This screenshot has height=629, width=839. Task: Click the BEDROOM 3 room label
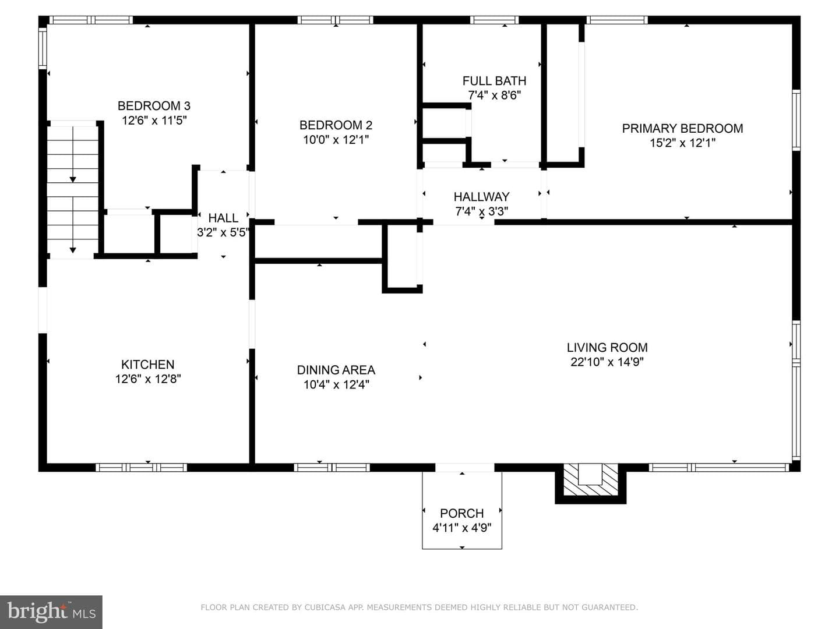tap(154, 106)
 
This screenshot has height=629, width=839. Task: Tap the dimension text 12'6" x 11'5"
tap(154, 121)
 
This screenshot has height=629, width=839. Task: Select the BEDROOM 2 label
tap(336, 125)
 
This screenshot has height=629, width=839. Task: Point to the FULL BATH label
tap(494, 80)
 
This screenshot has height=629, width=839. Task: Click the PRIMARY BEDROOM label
tap(682, 128)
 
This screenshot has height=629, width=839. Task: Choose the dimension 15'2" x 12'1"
tap(682, 143)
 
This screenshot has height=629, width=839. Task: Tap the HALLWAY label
tap(481, 197)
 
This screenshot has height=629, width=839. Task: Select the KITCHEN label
tap(147, 365)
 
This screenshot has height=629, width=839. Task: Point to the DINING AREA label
tap(336, 370)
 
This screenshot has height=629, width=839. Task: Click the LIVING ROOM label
tap(607, 348)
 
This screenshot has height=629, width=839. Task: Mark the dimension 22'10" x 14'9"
tap(607, 362)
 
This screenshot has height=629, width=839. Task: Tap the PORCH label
tap(461, 513)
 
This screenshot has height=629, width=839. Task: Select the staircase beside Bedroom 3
tap(72, 190)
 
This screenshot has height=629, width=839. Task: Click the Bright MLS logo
tap(51, 612)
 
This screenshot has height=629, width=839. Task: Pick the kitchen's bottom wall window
tap(141, 468)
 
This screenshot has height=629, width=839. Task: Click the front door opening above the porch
tap(465, 468)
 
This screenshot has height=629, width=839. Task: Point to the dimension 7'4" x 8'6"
tap(494, 95)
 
